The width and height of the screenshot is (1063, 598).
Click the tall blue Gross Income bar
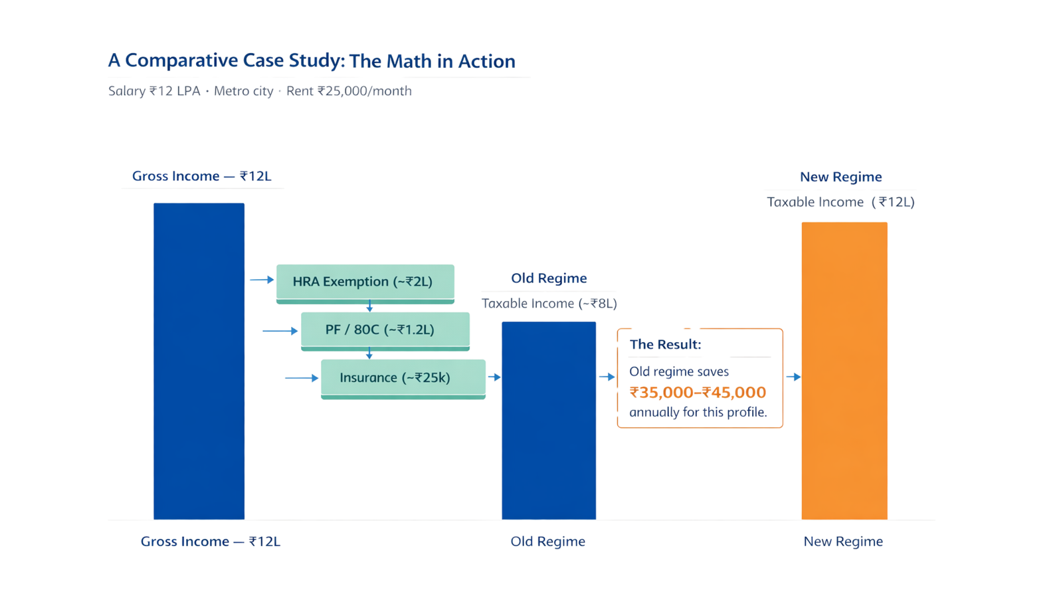[199, 361]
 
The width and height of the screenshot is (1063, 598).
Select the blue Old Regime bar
[549, 421]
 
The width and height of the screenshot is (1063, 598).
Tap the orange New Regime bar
[844, 371]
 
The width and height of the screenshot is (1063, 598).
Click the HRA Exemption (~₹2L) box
[365, 284]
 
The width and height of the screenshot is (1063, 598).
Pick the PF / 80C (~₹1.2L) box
[385, 332]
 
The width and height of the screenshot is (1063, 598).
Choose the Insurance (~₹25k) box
[403, 379]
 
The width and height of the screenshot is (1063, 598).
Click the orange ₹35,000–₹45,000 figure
[698, 393]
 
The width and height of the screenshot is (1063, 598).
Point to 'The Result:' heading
[665, 344]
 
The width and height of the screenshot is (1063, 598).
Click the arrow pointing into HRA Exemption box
[262, 280]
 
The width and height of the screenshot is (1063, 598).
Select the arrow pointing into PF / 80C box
[280, 331]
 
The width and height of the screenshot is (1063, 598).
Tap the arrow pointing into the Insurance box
[302, 378]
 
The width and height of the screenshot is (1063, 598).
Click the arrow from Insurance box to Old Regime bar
[494, 377]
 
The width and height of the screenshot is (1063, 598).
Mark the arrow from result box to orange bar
[793, 377]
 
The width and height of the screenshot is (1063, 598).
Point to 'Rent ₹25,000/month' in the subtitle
[349, 90]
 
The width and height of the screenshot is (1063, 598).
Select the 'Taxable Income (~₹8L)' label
[549, 303]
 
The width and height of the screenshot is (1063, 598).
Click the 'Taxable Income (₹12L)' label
[841, 202]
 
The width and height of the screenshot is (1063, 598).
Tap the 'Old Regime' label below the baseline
[547, 542]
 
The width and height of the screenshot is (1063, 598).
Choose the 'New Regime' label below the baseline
[843, 542]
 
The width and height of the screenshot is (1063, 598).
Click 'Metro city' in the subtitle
[243, 91]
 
